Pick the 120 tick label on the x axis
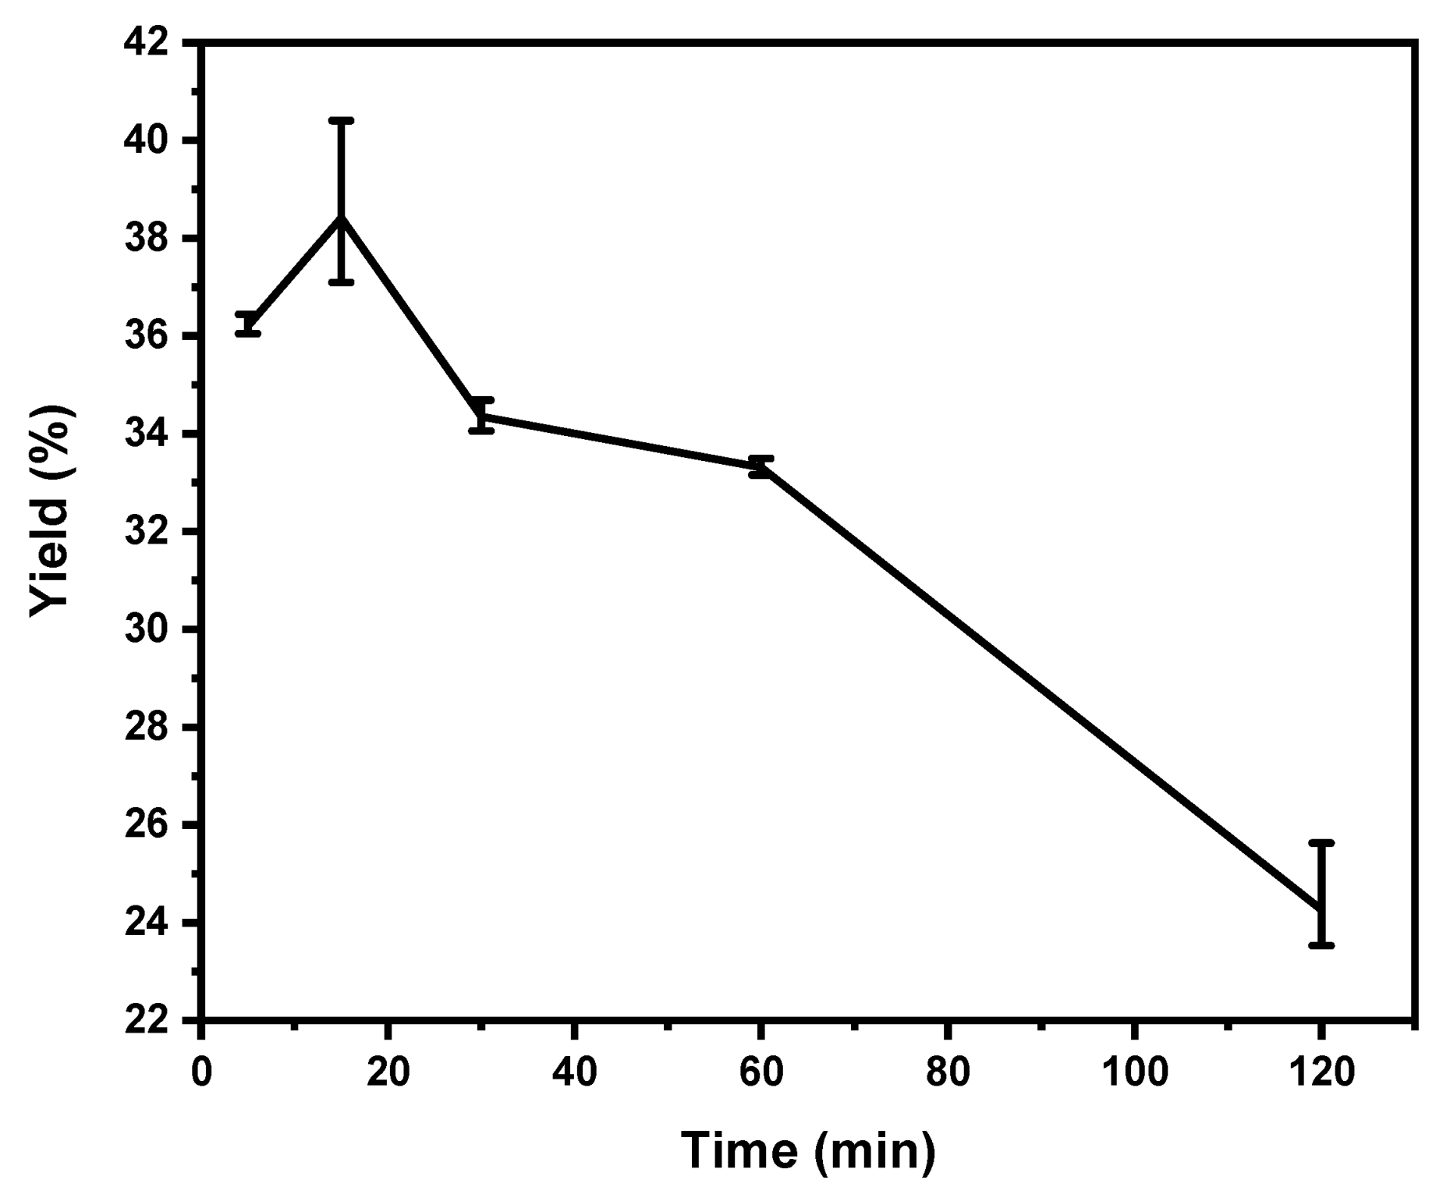(x=1321, y=1072)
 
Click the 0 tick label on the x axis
(x=201, y=1072)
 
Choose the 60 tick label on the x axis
(x=760, y=1072)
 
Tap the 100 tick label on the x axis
(x=1134, y=1072)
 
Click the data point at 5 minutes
(x=248, y=324)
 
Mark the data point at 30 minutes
(x=481, y=416)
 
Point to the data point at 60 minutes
(x=760, y=466)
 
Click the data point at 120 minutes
(x=1321, y=909)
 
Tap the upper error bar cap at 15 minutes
(x=341, y=121)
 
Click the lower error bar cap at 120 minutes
(x=1321, y=945)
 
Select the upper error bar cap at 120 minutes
(x=1321, y=843)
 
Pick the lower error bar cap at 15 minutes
(x=341, y=282)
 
